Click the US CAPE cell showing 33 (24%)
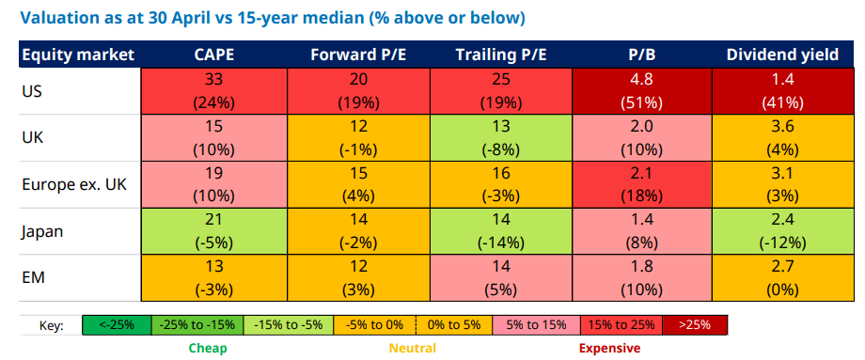click(x=214, y=91)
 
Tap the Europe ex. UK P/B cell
click(x=641, y=184)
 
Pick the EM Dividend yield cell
click(x=782, y=278)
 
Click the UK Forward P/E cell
click(x=358, y=138)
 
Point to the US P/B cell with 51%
click(x=641, y=91)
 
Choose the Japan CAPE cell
click(x=214, y=231)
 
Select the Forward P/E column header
click(x=358, y=55)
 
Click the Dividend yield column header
click(x=782, y=55)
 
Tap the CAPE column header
click(x=214, y=55)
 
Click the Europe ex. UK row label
click(x=74, y=184)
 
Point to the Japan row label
click(x=42, y=232)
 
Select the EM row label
click(x=33, y=278)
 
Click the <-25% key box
click(x=117, y=324)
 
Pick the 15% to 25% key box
click(x=621, y=324)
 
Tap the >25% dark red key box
click(x=695, y=324)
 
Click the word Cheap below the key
click(x=208, y=349)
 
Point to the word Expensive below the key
click(x=609, y=349)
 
